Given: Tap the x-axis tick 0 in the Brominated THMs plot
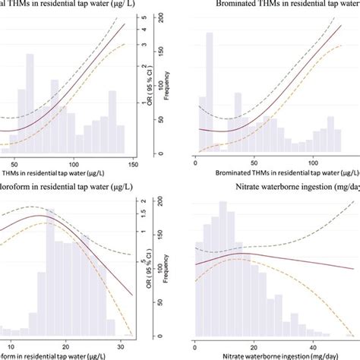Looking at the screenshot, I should (196, 163).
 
